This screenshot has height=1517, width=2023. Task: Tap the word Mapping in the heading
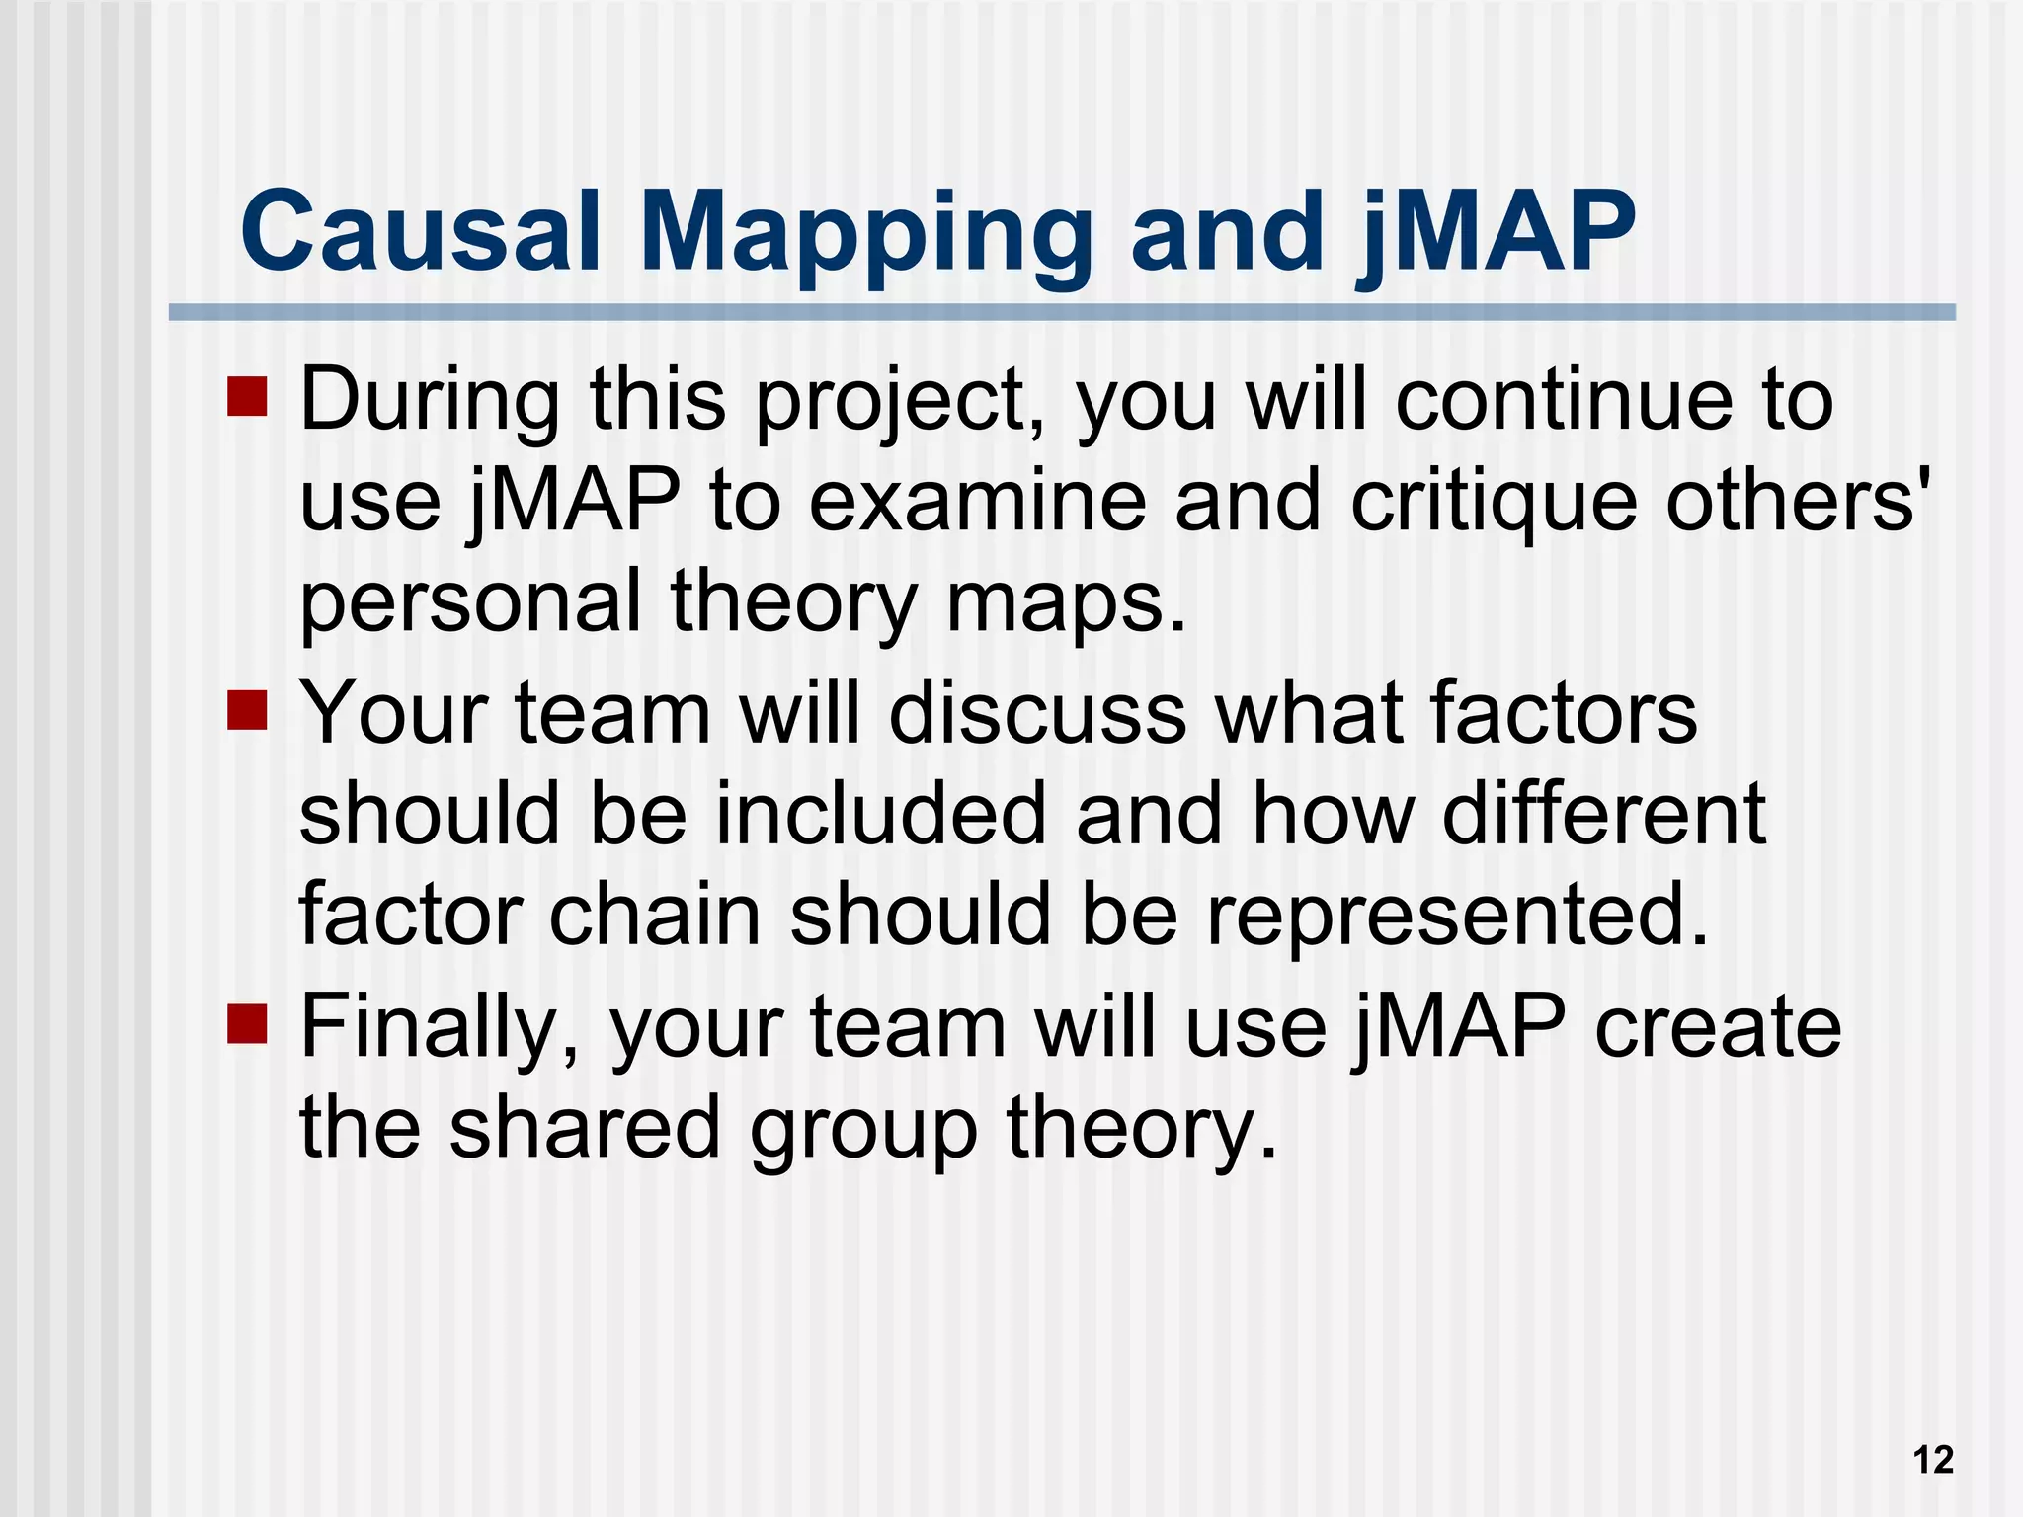[864, 237]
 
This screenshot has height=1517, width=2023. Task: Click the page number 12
[1933, 1460]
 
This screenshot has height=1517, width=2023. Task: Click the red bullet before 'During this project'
[247, 397]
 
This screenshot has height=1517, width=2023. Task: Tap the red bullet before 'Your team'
[247, 710]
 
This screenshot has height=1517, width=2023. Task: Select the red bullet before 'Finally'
[247, 1024]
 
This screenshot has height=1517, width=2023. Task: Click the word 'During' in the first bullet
[430, 400]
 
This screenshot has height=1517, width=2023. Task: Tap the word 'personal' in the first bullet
[470, 604]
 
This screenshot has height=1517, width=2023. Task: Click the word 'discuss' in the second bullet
[1037, 713]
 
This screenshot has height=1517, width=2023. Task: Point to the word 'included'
[880, 815]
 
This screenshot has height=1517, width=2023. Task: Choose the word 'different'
[1604, 815]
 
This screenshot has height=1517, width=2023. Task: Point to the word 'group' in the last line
[863, 1132]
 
